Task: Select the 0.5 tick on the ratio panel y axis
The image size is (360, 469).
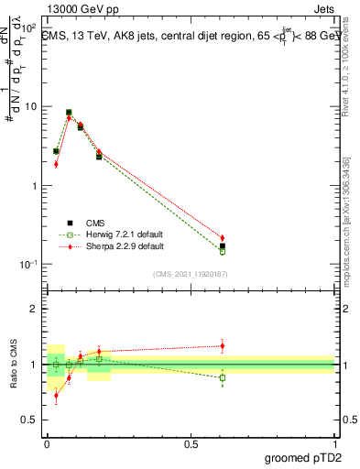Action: pos(28,420)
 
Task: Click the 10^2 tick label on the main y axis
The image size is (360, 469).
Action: pos(27,28)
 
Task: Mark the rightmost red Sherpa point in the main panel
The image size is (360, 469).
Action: pos(223,238)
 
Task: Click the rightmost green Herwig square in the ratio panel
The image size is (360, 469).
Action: pos(223,377)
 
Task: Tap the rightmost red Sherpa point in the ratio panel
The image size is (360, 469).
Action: pos(223,345)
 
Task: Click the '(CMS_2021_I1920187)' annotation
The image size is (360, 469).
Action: pos(191,273)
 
